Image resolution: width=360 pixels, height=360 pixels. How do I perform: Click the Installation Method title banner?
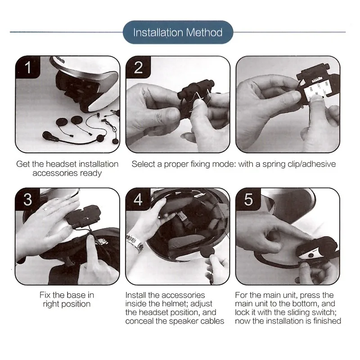tap(178, 32)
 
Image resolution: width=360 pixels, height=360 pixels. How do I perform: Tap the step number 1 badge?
tap(28, 67)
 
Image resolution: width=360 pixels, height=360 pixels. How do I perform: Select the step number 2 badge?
tap(138, 67)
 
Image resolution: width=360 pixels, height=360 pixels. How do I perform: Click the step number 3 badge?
tap(28, 199)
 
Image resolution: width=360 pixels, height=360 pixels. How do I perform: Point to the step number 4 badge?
tap(138, 199)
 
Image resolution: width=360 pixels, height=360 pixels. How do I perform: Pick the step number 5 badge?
tap(248, 199)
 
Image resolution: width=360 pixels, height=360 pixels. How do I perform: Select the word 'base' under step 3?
tap(77, 295)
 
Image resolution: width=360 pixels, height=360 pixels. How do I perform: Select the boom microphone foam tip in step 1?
tap(48, 135)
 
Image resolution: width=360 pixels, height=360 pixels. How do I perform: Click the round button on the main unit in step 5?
tap(311, 255)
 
